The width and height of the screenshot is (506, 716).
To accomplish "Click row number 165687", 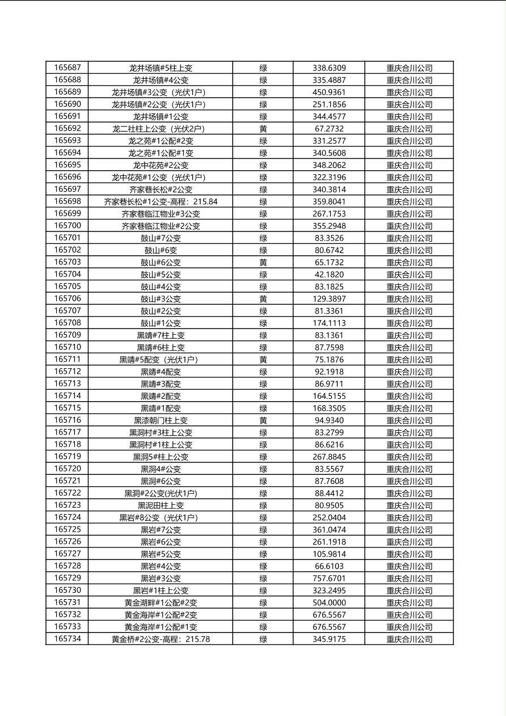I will [x=67, y=68].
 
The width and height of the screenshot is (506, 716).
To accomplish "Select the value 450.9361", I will [x=329, y=92].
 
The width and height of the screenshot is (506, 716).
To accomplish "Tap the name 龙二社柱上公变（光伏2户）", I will [x=161, y=129].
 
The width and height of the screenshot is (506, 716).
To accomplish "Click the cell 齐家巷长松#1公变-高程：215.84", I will [x=161, y=201].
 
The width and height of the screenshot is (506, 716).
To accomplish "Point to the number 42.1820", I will [x=329, y=275].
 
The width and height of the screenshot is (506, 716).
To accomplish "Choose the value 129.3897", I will [x=329, y=298].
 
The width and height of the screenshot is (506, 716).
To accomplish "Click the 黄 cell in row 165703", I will [x=263, y=262].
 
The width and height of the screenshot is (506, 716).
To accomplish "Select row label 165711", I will [x=67, y=359].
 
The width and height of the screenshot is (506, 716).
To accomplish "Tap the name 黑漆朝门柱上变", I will [x=161, y=420].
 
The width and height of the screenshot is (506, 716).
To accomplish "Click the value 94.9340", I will [x=329, y=420].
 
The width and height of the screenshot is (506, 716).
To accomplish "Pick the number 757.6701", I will [x=329, y=578].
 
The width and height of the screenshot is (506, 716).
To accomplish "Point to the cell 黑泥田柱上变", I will [x=161, y=506].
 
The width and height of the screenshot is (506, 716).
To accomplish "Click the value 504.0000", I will [x=329, y=603].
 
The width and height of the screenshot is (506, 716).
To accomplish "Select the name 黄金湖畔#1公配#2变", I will [x=161, y=603].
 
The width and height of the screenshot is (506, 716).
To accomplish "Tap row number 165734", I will [x=67, y=639].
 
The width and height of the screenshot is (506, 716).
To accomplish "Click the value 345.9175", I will [x=329, y=639].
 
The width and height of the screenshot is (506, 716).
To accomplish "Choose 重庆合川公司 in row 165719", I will [x=409, y=457].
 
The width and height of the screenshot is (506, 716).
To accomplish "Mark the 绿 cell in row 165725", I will [x=263, y=530].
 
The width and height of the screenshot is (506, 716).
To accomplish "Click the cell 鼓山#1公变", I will [x=161, y=323].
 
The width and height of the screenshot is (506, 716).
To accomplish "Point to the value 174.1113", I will [x=329, y=323].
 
